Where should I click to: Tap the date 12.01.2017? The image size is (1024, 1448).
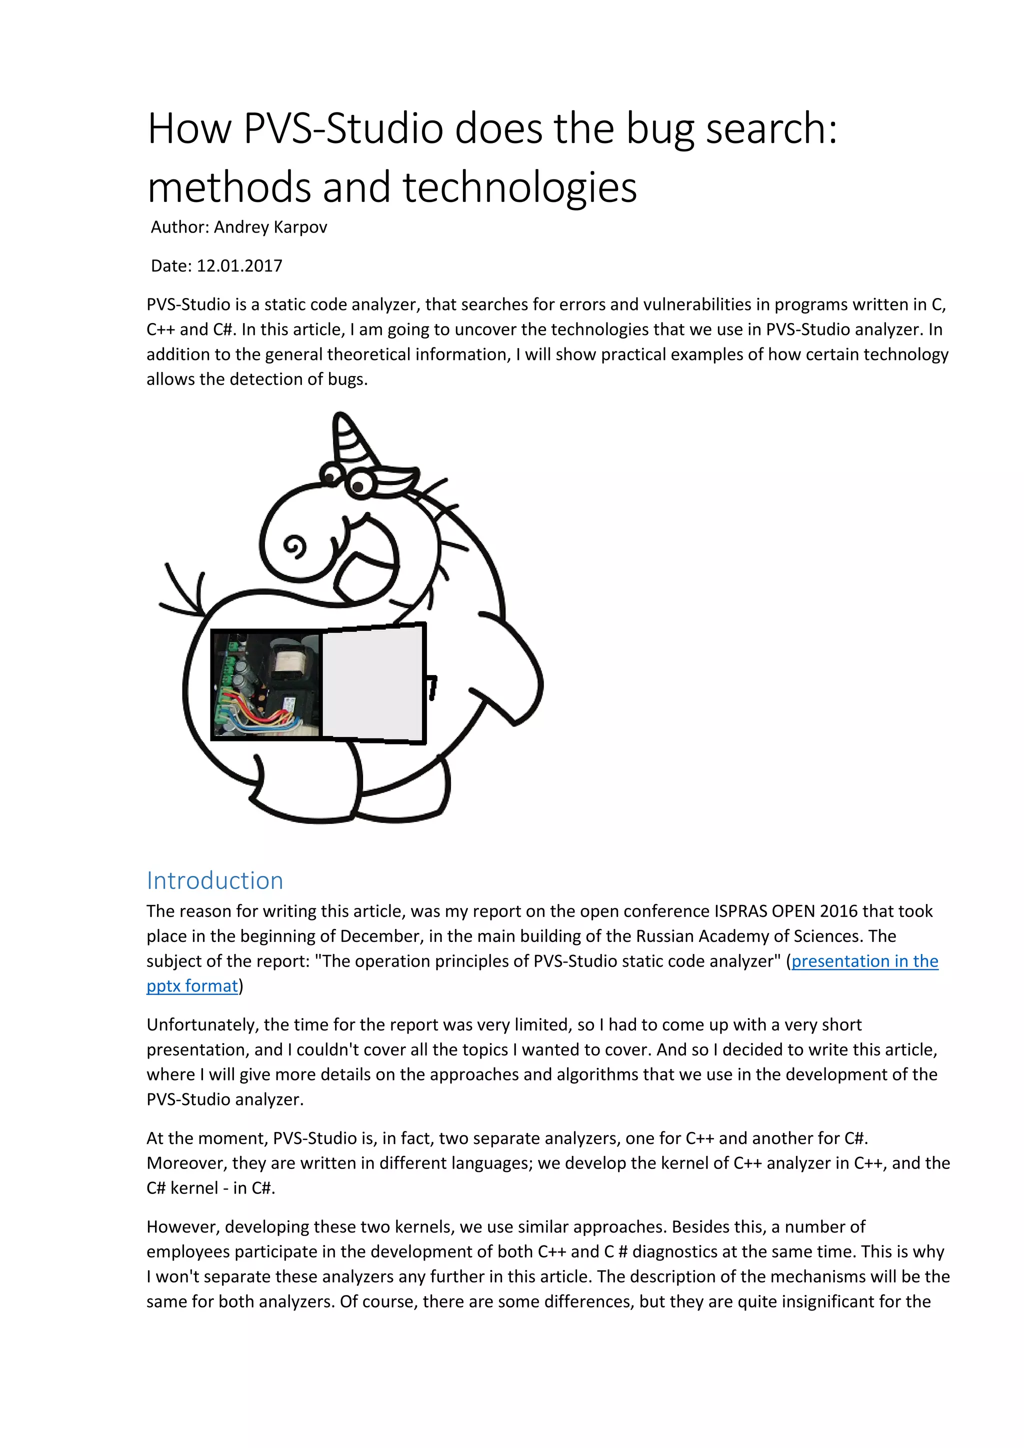[239, 265]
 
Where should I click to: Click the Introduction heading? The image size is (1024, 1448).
[214, 880]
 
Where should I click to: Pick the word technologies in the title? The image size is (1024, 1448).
[519, 188]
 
